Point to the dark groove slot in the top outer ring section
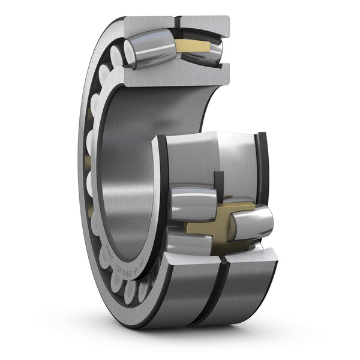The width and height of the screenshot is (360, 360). click(x=178, y=23)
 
